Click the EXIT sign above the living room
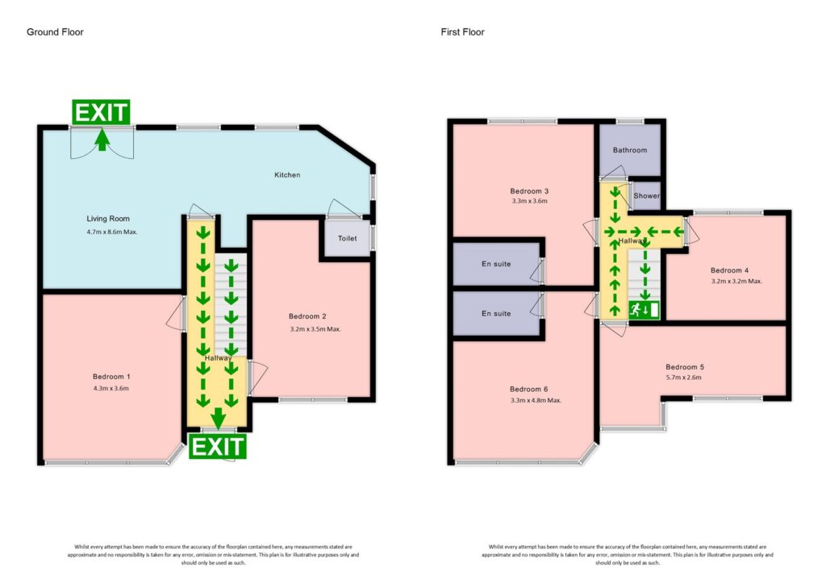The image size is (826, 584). click(x=101, y=113)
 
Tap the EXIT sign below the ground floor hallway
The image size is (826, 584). click(x=217, y=447)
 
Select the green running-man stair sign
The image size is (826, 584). click(x=645, y=309)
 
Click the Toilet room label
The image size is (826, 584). click(x=347, y=239)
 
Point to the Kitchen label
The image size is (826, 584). click(x=287, y=175)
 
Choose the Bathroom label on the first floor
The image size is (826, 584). click(x=629, y=150)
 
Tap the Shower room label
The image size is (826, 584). click(x=646, y=196)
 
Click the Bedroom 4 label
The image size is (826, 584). click(x=729, y=270)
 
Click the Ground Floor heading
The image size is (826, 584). click(x=55, y=32)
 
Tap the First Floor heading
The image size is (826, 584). click(x=462, y=32)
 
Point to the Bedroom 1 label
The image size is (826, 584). click(x=111, y=377)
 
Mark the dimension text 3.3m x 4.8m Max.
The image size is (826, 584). click(x=535, y=400)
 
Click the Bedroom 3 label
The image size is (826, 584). click(x=529, y=190)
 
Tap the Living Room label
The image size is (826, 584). click(x=108, y=219)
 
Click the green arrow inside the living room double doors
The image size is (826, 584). click(x=102, y=141)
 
